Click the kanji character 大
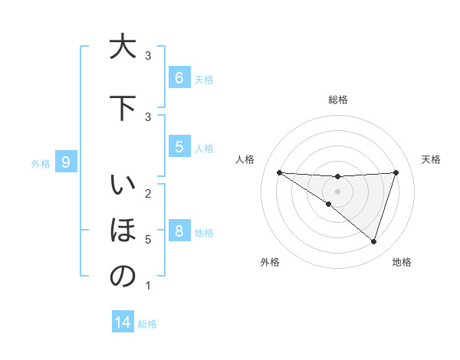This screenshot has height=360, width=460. [122, 47]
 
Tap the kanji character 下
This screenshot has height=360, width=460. [122, 109]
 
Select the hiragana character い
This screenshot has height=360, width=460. [122, 187]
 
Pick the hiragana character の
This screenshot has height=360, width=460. [122, 277]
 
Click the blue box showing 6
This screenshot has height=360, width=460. [179, 78]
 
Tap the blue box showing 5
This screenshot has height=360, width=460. [179, 147]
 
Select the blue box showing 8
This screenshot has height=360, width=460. [179, 231]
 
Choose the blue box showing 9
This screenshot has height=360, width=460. [66, 162]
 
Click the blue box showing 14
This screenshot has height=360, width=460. [123, 323]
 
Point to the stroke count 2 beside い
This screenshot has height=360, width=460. [148, 193]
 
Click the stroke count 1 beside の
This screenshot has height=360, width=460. [148, 286]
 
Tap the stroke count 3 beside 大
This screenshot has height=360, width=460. [148, 56]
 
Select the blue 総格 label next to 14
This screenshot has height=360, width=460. [147, 324]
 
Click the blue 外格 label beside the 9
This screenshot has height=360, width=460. [40, 163]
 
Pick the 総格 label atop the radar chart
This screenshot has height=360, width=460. [337, 100]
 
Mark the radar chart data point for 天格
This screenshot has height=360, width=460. [396, 172]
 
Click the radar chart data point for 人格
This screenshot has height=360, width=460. [279, 172]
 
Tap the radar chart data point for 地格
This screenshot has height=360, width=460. [373, 241]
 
